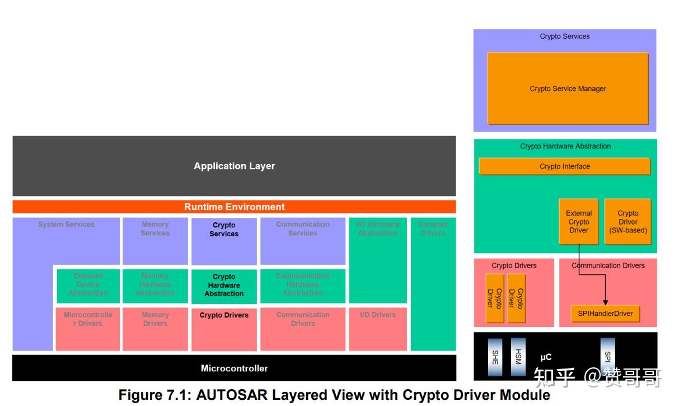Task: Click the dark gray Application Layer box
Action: pyautogui.click(x=234, y=166)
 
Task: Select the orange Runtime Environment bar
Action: pyautogui.click(x=234, y=207)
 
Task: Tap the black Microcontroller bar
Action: pyautogui.click(x=234, y=368)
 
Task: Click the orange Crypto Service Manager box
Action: pyautogui.click(x=568, y=88)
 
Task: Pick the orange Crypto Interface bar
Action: pyautogui.click(x=564, y=166)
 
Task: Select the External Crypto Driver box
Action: pyautogui.click(x=579, y=222)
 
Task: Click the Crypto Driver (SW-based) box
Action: pyautogui.click(x=628, y=222)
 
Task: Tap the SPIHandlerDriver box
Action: pyautogui.click(x=605, y=314)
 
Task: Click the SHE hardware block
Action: pyautogui.click(x=495, y=357)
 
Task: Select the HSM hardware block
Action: pyautogui.click(x=518, y=357)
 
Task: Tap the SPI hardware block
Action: pyautogui.click(x=608, y=356)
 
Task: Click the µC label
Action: pyautogui.click(x=545, y=357)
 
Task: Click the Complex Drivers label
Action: pyautogui.click(x=433, y=228)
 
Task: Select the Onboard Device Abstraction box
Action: pyautogui.click(x=88, y=284)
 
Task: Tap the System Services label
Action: pyautogui.click(x=66, y=225)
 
